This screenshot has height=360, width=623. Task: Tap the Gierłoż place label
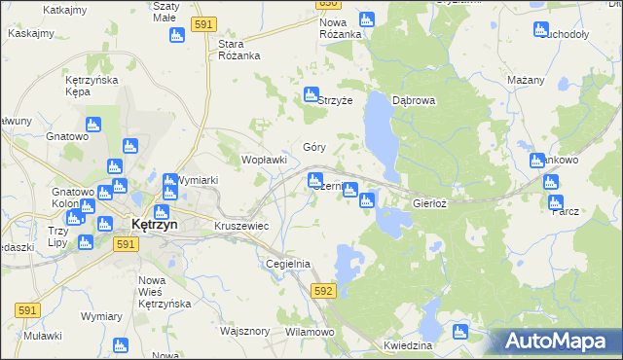click(x=429, y=204)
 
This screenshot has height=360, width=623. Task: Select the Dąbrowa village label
click(x=413, y=100)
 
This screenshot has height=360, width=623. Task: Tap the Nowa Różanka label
click(x=341, y=28)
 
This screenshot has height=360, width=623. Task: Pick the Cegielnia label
click(x=287, y=264)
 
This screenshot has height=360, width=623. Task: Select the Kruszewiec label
click(x=240, y=226)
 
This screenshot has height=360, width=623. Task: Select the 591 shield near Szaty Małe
click(x=203, y=24)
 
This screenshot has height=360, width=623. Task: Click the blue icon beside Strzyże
click(x=311, y=95)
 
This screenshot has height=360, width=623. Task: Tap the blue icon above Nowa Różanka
click(x=366, y=19)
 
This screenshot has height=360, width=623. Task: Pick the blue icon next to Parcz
click(x=556, y=203)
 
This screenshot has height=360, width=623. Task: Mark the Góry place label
click(x=313, y=148)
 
